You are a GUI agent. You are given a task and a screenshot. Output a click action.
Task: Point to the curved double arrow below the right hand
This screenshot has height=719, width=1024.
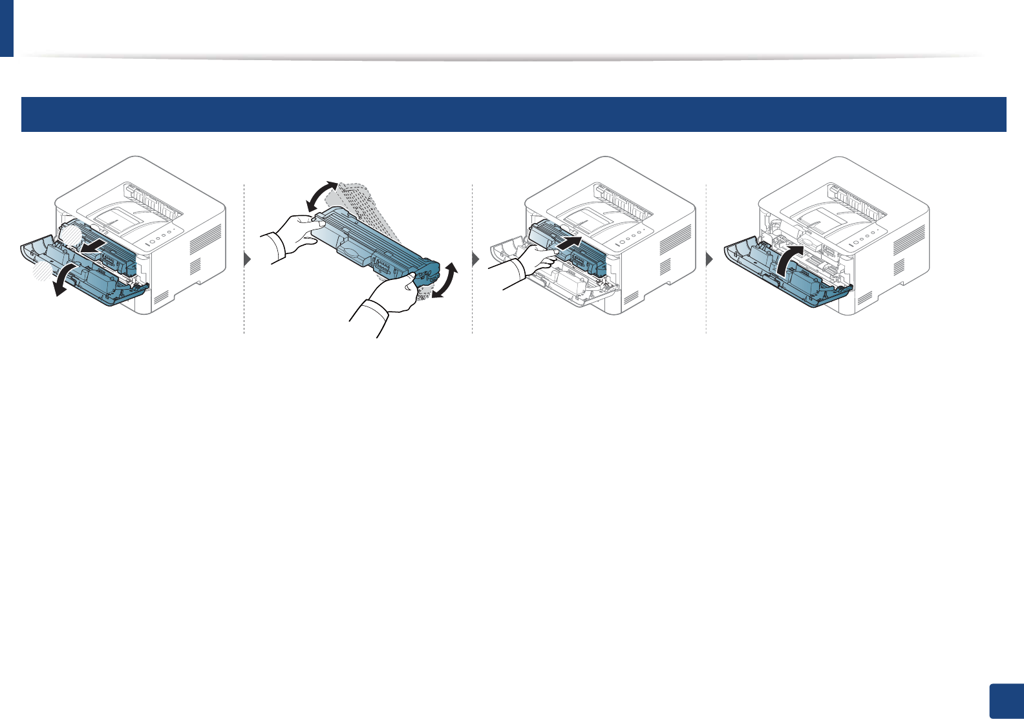(446, 281)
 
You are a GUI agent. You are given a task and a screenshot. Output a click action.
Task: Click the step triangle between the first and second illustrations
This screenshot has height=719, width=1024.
(248, 260)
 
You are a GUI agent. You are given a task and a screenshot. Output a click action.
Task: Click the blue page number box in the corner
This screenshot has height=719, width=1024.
(1007, 702)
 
